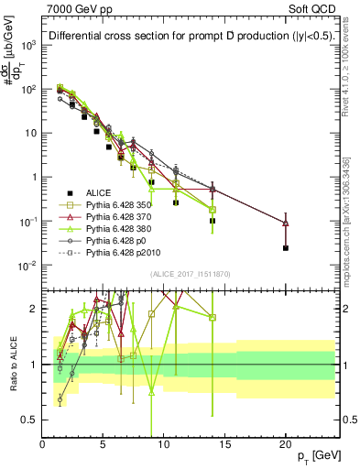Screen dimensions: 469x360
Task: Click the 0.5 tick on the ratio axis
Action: click(x=33, y=420)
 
